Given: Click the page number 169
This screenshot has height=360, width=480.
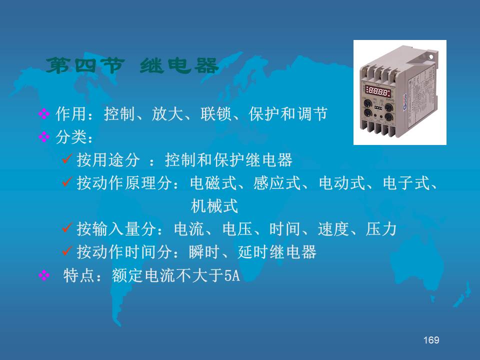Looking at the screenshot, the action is click(431, 340).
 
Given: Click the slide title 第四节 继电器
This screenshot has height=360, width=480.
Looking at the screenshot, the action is click(132, 65).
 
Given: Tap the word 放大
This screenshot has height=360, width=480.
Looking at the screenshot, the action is click(167, 114).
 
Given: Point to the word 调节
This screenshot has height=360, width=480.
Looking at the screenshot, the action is click(312, 114).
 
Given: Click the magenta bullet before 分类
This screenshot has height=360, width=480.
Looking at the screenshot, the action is click(44, 137).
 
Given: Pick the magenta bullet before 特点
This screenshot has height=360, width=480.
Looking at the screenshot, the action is click(44, 275).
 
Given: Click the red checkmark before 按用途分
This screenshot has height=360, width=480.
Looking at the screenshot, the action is click(67, 158).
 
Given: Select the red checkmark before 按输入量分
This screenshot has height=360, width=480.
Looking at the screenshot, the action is click(67, 227).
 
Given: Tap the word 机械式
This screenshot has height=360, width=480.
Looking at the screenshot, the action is click(214, 205).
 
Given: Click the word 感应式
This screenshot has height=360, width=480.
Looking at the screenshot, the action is click(277, 183).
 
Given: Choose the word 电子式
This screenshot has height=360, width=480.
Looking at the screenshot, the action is click(406, 183).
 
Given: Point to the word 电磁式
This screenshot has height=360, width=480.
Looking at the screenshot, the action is click(213, 183).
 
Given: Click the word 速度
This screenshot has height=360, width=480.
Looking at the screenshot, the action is click(333, 229).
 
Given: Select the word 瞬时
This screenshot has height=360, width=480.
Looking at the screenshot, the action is click(204, 252).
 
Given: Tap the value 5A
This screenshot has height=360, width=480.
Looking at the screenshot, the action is click(232, 275).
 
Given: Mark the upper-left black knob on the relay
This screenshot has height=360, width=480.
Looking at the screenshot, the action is click(367, 103).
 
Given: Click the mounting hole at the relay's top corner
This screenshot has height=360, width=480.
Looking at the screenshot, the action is click(431, 57).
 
